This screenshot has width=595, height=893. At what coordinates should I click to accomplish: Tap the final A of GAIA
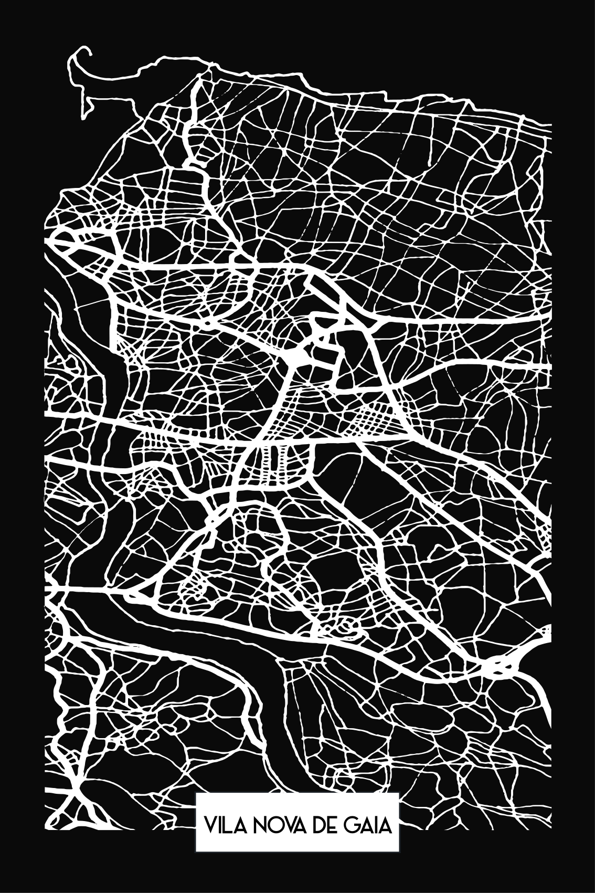pyautogui.click(x=385, y=826)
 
